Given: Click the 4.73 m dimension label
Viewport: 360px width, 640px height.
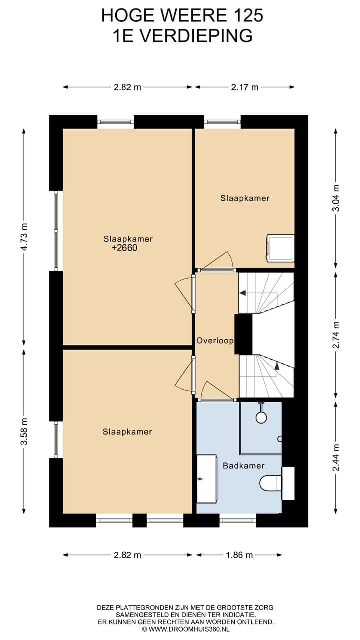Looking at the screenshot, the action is point(25,237).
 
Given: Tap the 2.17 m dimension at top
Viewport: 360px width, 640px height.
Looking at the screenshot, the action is point(245,87).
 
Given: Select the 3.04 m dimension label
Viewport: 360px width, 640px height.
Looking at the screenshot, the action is point(337,198).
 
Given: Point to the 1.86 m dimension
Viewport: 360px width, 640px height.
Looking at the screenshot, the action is point(239,555).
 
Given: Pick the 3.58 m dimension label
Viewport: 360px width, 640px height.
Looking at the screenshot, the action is point(25,431).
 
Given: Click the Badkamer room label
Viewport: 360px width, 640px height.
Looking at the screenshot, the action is point(243,466).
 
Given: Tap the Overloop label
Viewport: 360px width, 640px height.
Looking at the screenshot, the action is point(215,340).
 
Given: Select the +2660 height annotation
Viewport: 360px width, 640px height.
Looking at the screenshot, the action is point(124,247).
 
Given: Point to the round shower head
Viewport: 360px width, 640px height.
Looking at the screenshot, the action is point(261,417).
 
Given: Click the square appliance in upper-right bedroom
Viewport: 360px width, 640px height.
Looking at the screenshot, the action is point(280,248).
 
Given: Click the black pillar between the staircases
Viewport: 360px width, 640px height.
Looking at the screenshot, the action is point(243,334).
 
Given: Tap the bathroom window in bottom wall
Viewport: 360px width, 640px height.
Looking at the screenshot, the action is point(238,520).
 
